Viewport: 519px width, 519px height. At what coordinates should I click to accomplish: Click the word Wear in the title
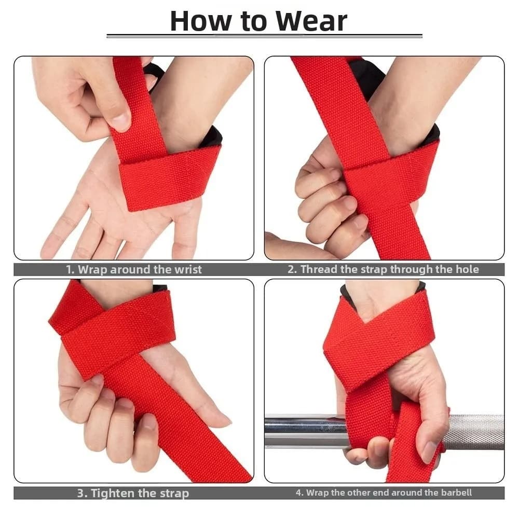pyautogui.click(x=311, y=21)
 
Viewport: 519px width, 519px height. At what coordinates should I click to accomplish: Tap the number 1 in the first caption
pyautogui.click(x=69, y=269)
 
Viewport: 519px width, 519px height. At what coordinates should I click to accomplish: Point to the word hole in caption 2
pyautogui.click(x=468, y=269)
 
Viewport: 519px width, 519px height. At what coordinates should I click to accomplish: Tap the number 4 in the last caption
pyautogui.click(x=298, y=493)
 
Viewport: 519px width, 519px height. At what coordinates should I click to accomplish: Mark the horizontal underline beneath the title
pyautogui.click(x=264, y=36)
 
